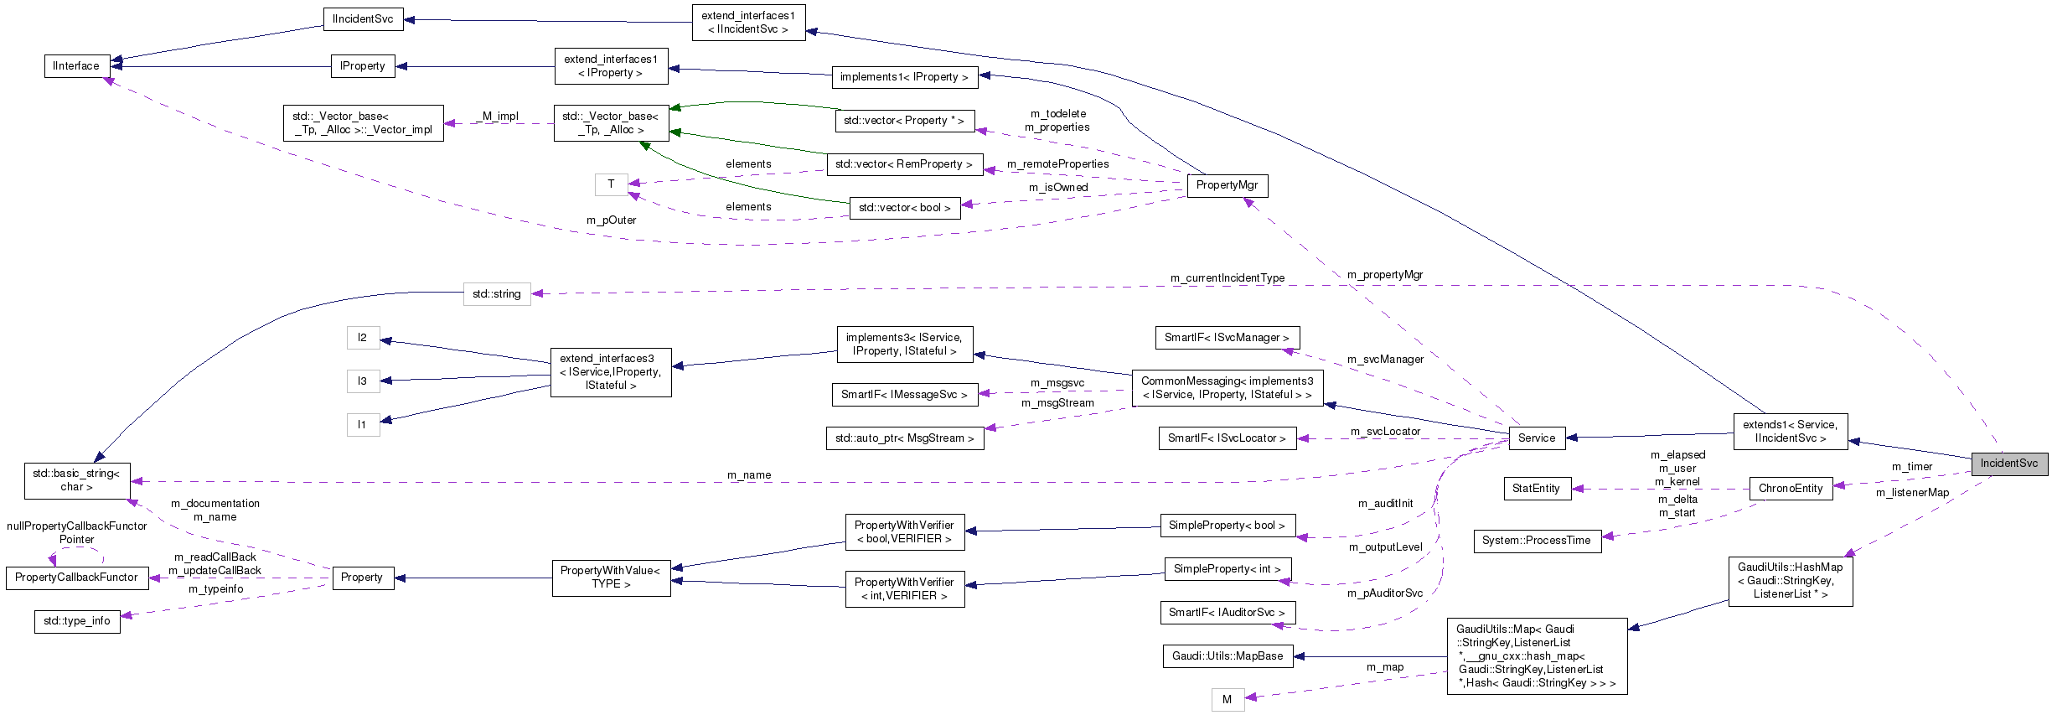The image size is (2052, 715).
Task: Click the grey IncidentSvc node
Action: (2008, 464)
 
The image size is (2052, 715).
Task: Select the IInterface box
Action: (76, 66)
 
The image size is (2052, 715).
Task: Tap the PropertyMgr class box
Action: (1227, 185)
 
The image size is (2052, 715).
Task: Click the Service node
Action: (1536, 438)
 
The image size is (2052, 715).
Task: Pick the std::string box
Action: (496, 294)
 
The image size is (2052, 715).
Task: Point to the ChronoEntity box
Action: (1790, 489)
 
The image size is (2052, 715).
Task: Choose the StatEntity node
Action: (1536, 489)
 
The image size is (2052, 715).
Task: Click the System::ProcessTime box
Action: (1536, 541)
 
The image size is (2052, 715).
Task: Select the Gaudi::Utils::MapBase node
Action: (1227, 656)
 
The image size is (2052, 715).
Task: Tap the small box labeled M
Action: (1227, 700)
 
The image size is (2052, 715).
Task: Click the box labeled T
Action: (611, 184)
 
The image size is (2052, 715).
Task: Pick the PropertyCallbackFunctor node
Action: (76, 578)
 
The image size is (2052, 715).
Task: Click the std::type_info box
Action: (76, 621)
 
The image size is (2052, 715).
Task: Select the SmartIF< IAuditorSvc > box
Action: (1227, 613)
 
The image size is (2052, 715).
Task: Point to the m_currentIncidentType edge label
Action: (1227, 278)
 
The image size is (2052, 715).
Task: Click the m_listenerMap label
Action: (1912, 493)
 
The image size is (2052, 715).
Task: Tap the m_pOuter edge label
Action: (611, 220)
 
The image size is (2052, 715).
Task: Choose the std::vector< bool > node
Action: (904, 208)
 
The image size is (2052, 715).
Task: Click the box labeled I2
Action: (362, 338)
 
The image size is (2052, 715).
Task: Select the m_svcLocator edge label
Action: (1385, 432)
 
